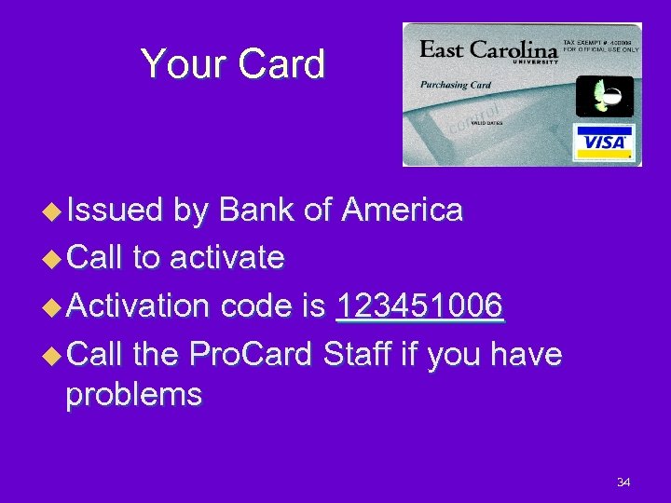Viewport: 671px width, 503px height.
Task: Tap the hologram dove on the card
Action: click(x=603, y=96)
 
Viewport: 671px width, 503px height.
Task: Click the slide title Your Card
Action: click(x=232, y=64)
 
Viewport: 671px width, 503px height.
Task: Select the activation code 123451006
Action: click(x=419, y=306)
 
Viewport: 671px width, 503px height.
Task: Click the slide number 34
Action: click(x=623, y=482)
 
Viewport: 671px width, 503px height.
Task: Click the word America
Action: click(x=402, y=211)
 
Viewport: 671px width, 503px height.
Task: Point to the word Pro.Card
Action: click(x=251, y=353)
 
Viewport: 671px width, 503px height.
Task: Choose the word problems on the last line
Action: click(x=133, y=395)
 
